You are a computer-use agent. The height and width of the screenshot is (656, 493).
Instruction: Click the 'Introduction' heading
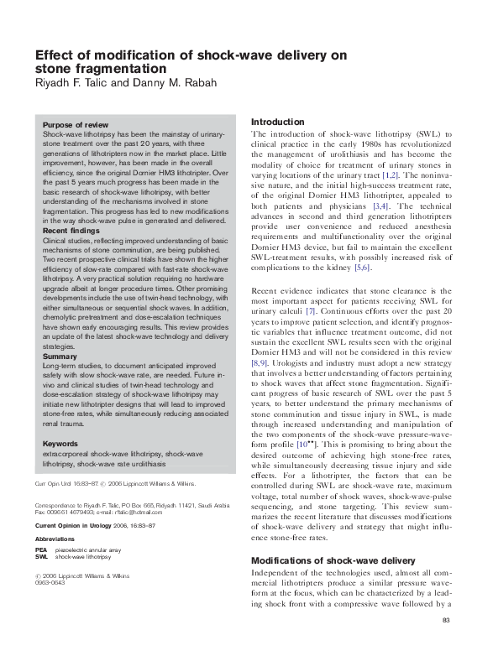[278, 122]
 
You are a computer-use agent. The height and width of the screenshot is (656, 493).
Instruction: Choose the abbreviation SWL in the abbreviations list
[41, 556]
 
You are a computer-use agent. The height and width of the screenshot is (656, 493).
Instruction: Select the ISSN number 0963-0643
[49, 583]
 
